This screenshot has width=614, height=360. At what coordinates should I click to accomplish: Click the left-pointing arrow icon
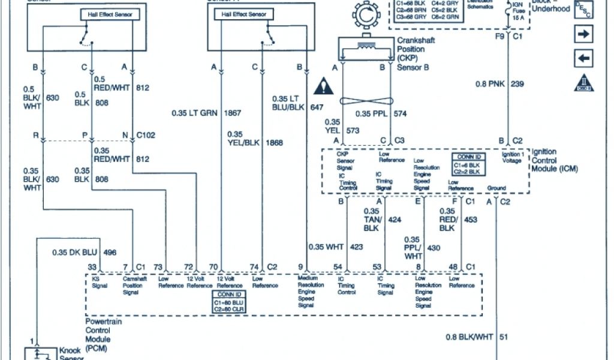583,59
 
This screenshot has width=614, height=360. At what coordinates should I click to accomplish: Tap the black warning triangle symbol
324,85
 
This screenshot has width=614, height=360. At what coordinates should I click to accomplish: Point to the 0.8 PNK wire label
491,84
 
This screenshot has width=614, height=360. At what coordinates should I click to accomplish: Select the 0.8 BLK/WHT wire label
469,337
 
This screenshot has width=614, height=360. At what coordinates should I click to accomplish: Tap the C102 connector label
146,136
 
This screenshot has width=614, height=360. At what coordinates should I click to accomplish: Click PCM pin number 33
92,266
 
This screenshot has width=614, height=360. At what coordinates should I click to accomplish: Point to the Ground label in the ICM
496,187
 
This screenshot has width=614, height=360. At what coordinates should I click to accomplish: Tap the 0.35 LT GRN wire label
195,113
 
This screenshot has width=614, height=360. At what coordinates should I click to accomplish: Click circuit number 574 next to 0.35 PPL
401,113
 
